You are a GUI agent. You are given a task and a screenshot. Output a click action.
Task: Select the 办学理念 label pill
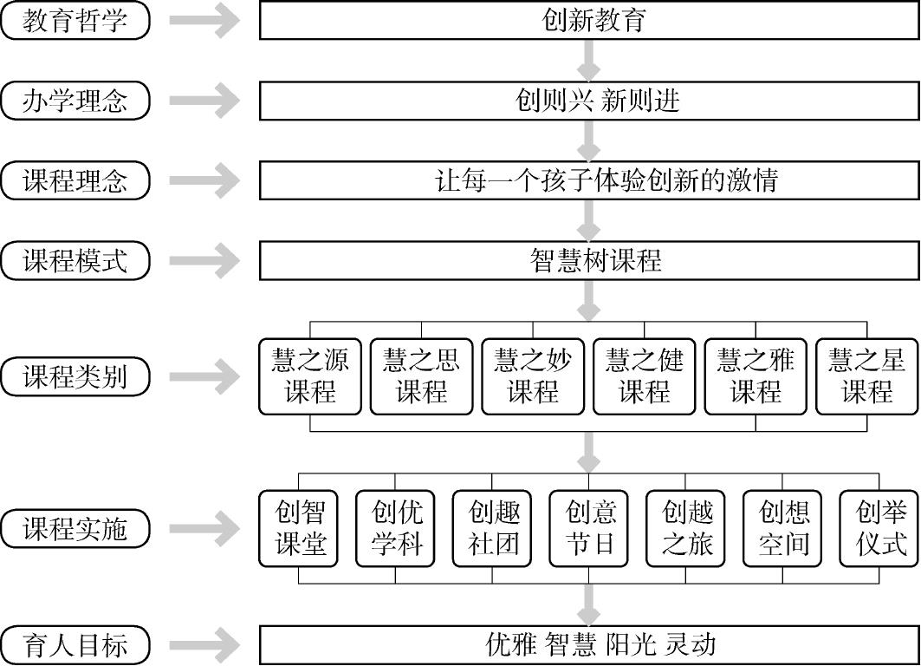pyautogui.click(x=75, y=101)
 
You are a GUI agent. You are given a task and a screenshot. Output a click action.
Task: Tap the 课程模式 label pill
pyautogui.click(x=75, y=260)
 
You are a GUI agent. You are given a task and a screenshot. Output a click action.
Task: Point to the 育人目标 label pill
pyautogui.click(x=75, y=644)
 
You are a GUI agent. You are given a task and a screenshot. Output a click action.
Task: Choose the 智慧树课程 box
pyautogui.click(x=589, y=260)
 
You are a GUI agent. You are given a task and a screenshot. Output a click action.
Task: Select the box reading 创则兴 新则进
pyautogui.click(x=589, y=101)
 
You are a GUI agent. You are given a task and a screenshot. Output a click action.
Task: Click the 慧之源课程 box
pyautogui.click(x=310, y=376)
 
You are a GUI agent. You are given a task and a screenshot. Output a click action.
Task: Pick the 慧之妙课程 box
pyautogui.click(x=533, y=376)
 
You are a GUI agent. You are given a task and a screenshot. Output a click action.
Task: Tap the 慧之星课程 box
pyautogui.click(x=866, y=376)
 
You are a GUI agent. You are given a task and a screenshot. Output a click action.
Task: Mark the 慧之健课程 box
pyautogui.click(x=645, y=376)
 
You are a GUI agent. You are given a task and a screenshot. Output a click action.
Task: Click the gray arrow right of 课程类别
pyautogui.click(x=205, y=376)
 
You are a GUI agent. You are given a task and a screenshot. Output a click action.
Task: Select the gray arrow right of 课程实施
pyautogui.click(x=205, y=528)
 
